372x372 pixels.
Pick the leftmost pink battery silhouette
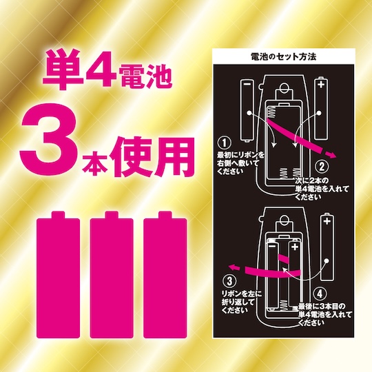coord(58,274)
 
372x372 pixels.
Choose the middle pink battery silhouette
coord(112,274)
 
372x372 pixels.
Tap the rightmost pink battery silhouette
coord(165,274)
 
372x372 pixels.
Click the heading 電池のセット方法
coord(284,57)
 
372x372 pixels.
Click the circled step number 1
coord(224,143)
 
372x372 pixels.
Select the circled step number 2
coord(322,167)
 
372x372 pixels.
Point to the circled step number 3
coord(229,281)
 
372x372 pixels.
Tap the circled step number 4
coord(320,293)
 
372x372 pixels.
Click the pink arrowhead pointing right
coord(331,155)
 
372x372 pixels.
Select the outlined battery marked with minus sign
coord(247,110)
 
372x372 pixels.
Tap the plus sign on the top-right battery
coord(321,84)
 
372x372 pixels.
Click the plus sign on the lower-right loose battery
coord(327,221)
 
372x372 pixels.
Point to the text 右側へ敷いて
coord(238,163)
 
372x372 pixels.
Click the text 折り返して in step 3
coord(238,302)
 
